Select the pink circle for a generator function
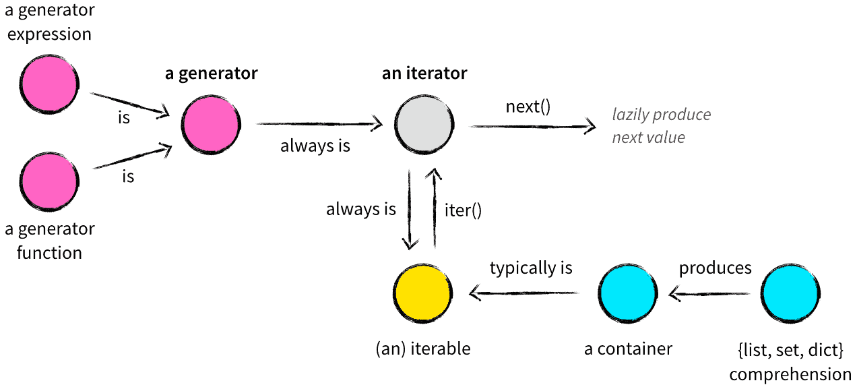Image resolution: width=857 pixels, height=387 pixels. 49,181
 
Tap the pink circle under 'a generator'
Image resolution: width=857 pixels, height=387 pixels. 210,125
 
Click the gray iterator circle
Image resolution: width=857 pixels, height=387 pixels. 423,125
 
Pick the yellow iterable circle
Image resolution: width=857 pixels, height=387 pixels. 422,293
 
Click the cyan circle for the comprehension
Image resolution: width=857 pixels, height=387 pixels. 790,293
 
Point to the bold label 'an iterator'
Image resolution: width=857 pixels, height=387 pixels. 424,73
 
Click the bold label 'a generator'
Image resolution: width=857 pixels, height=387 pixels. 211,73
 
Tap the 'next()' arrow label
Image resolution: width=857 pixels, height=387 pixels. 528,107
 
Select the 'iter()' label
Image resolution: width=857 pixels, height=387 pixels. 463,210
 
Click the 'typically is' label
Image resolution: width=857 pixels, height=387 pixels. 531,268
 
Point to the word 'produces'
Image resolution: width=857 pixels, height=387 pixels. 715,268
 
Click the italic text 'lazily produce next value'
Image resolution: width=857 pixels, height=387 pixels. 661,126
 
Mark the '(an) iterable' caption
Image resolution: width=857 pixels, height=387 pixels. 422,349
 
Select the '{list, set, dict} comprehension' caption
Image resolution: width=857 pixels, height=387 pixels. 790,362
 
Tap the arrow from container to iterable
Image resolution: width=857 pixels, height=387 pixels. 525,293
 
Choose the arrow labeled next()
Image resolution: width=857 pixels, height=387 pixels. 533,126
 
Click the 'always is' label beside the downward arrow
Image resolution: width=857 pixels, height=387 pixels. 361,210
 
